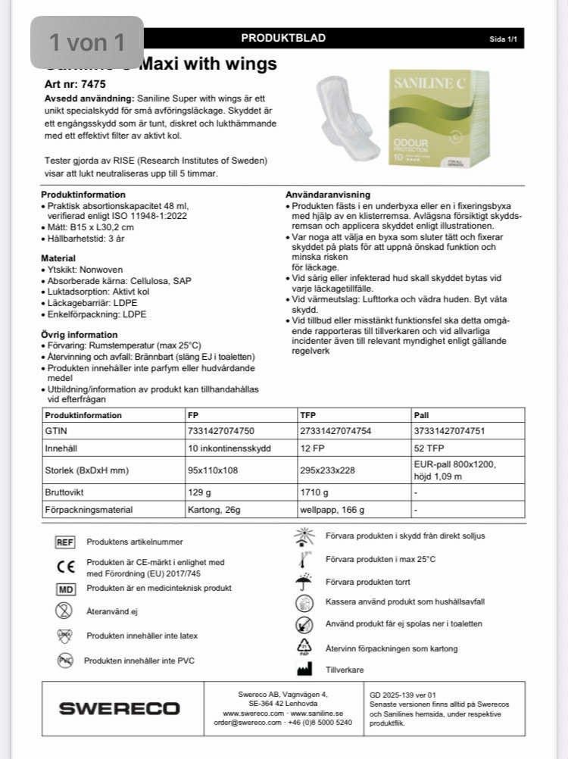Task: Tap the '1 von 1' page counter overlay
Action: pyautogui.click(x=87, y=42)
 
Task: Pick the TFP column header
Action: pyautogui.click(x=308, y=415)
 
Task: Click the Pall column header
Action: pyautogui.click(x=421, y=415)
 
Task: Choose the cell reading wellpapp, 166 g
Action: pyautogui.click(x=332, y=510)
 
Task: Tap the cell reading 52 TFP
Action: pyautogui.click(x=429, y=448)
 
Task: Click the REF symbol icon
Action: pyautogui.click(x=65, y=542)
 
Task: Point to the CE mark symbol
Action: pyautogui.click(x=66, y=567)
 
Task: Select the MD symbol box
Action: pyautogui.click(x=65, y=589)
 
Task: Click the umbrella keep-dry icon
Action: pyautogui.click(x=304, y=582)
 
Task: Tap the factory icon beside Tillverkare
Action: pyautogui.click(x=304, y=670)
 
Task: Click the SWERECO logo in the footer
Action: pyautogui.click(x=119, y=708)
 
